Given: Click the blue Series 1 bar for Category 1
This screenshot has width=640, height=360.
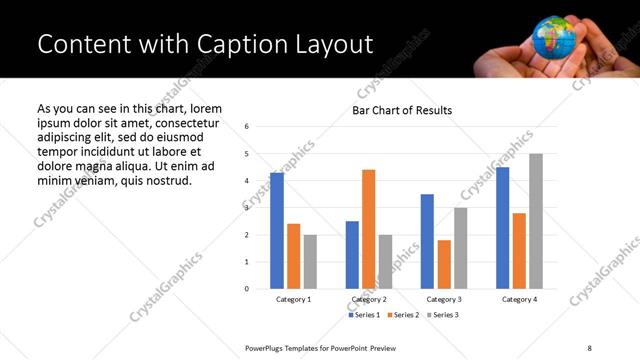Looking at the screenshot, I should (277, 231).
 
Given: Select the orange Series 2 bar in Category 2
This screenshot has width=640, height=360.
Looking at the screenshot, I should (368, 229).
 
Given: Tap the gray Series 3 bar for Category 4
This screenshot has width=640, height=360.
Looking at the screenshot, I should (536, 221).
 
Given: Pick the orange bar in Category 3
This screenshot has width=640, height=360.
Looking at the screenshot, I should (444, 264).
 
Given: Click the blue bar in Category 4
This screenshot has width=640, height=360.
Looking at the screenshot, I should (502, 228).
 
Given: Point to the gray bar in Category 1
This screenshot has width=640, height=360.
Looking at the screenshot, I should (310, 262).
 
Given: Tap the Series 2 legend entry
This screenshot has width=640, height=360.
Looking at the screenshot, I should (403, 315).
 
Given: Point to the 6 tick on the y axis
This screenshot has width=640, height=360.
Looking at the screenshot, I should (247, 126).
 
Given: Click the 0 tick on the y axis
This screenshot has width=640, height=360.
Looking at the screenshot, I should (247, 289).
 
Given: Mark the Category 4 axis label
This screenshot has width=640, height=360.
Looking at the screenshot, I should (519, 300).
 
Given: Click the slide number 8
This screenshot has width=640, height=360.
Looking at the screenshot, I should (589, 347).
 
